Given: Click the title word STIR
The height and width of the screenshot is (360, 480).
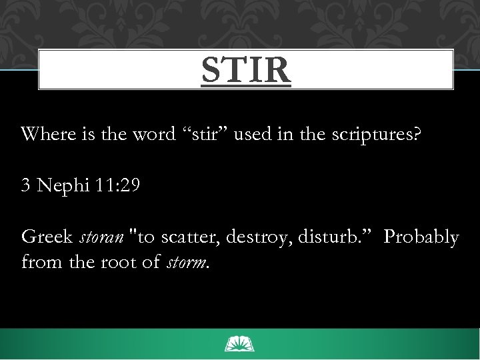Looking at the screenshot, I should pos(246,71).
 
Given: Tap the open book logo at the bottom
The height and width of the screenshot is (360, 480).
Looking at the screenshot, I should pos(240,344).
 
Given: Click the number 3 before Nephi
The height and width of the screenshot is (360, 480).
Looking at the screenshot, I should pos(26,185).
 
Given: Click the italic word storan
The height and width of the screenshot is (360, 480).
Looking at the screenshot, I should pos(98,237).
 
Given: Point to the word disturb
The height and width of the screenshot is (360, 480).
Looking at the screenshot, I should pos(329,237).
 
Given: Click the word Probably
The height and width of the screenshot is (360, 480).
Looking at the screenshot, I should pos(421,238).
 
